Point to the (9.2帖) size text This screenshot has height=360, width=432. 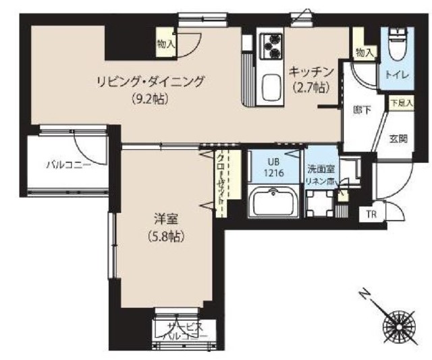pyautogui.click(x=150, y=99)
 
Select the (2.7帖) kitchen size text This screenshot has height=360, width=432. pyautogui.click(x=311, y=86)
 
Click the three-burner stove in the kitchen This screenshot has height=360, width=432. pyautogui.click(x=271, y=47)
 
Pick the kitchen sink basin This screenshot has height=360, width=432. pyautogui.click(x=272, y=86)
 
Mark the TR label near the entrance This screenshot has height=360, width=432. pyautogui.click(x=370, y=215)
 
